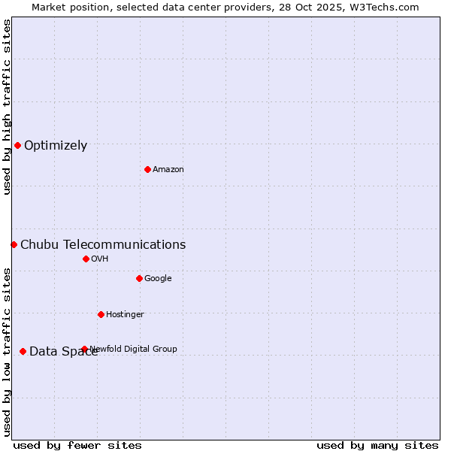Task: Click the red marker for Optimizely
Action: click(x=17, y=145)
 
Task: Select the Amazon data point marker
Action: click(x=147, y=169)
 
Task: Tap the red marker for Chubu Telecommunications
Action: click(x=14, y=244)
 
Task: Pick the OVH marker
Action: click(x=86, y=259)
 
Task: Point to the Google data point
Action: click(x=139, y=278)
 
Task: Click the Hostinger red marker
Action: click(x=101, y=314)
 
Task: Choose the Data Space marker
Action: click(x=23, y=351)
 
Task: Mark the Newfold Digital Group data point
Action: click(x=84, y=349)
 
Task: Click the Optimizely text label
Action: click(x=56, y=146)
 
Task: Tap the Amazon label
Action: click(x=168, y=169)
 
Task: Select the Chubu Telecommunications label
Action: click(x=103, y=244)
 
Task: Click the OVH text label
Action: click(x=100, y=259)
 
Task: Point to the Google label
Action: click(x=158, y=278)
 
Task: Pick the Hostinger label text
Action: click(x=125, y=314)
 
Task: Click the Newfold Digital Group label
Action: click(x=134, y=349)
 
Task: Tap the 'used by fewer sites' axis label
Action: click(x=77, y=445)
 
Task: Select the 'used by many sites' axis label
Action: click(x=377, y=445)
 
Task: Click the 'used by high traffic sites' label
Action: click(x=7, y=107)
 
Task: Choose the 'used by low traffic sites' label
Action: click(x=7, y=352)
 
